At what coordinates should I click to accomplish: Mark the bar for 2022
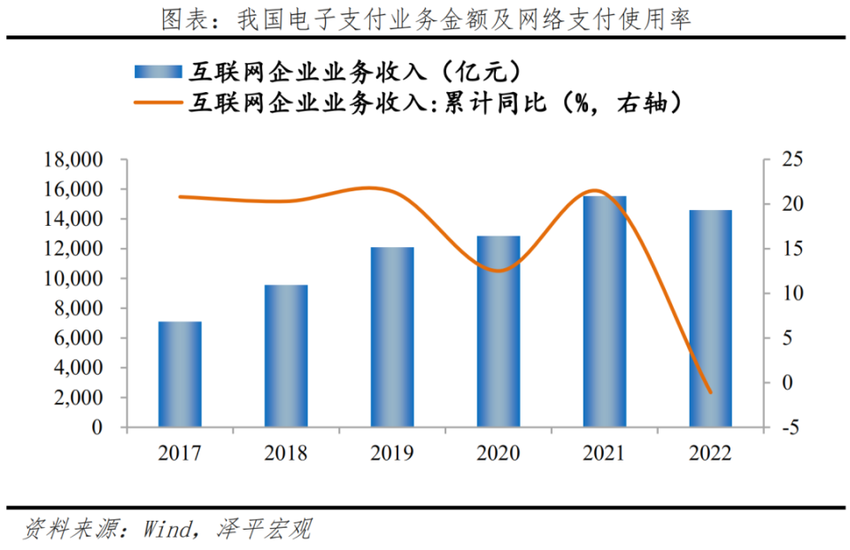pos(711,319)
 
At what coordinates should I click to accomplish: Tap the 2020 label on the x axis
pos(498,453)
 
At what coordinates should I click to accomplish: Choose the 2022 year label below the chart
pos(711,453)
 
